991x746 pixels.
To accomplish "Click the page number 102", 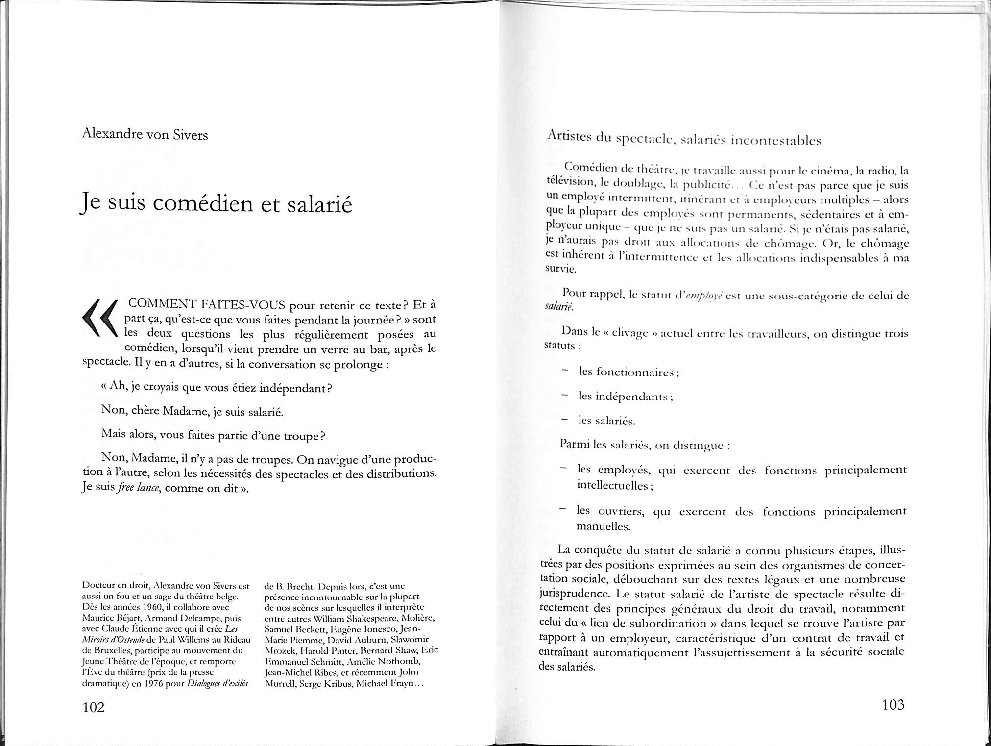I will point(94,707).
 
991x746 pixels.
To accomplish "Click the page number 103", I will point(893,705).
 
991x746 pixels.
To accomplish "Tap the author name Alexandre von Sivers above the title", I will point(145,134).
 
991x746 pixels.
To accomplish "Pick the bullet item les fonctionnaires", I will point(628,372).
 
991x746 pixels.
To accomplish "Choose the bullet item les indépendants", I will point(625,397).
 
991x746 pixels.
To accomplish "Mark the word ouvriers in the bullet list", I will point(618,511).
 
